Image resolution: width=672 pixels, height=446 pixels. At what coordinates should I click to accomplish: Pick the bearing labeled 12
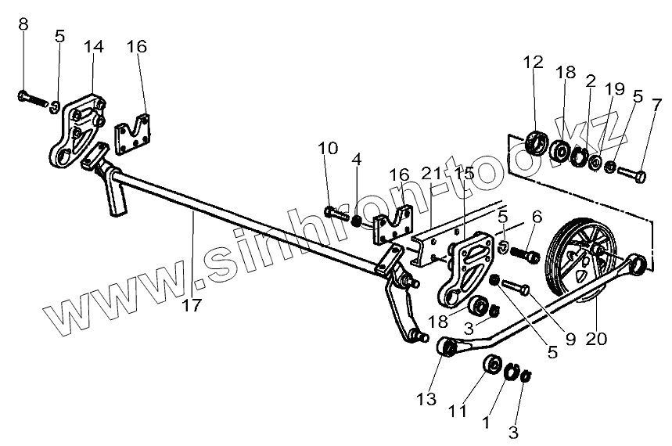(x=537, y=143)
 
